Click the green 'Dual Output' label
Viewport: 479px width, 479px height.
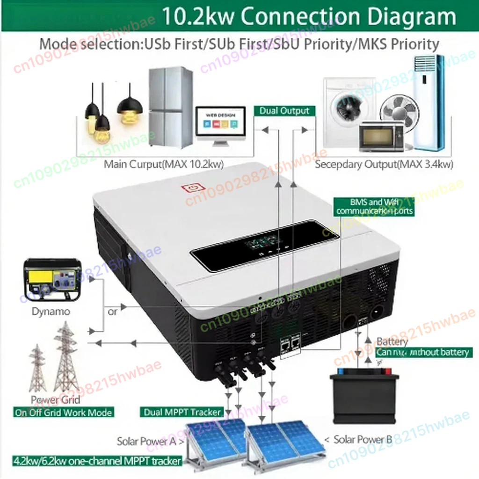point(284,111)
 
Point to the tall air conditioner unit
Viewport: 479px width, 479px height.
point(428,102)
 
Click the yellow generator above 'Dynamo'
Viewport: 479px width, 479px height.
point(52,279)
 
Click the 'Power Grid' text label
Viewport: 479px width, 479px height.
point(55,399)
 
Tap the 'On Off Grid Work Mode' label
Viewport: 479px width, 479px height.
point(63,413)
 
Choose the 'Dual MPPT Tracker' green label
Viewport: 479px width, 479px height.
point(181,412)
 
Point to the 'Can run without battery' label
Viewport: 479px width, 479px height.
point(423,352)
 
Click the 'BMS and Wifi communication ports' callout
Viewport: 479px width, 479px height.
point(374,206)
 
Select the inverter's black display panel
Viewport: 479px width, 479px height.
point(264,246)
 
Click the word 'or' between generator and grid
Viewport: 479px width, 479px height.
point(112,312)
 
